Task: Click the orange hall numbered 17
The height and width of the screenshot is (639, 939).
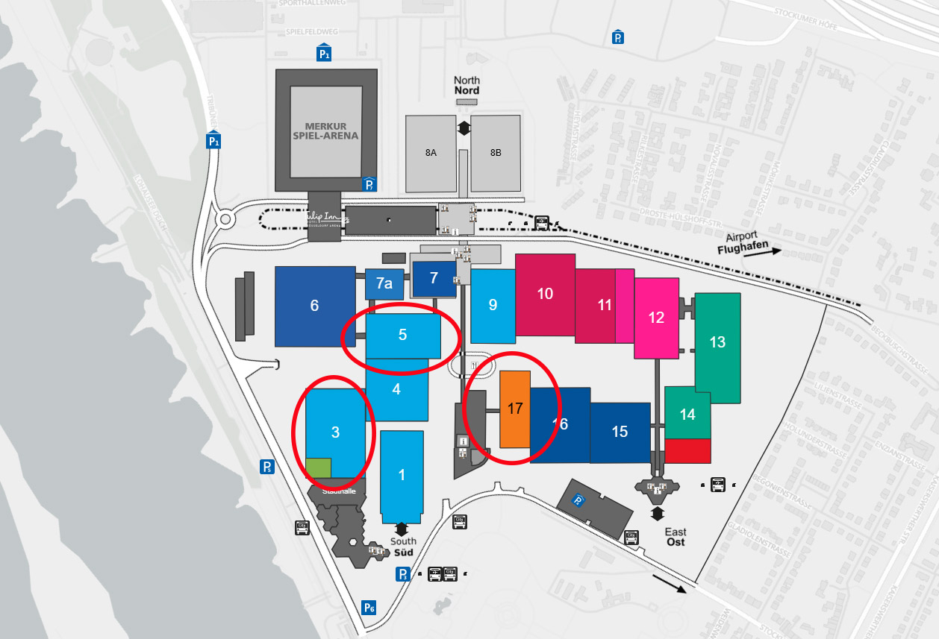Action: click(515, 409)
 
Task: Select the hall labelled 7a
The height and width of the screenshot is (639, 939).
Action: click(384, 283)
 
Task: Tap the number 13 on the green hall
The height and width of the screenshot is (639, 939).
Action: click(717, 342)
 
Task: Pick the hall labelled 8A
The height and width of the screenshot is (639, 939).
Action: click(431, 153)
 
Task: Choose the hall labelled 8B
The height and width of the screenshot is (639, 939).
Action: click(496, 153)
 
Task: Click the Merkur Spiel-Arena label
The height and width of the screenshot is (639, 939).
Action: click(331, 131)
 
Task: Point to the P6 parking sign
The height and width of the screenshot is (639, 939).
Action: click(369, 607)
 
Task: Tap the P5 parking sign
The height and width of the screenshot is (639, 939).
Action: click(266, 467)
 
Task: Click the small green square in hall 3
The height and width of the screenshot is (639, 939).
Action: click(318, 468)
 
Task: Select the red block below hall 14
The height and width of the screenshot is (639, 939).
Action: click(687, 450)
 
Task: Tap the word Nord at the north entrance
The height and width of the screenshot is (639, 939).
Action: click(467, 91)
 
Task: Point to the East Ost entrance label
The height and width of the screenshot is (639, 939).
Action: click(676, 537)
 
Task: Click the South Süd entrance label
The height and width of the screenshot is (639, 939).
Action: click(403, 547)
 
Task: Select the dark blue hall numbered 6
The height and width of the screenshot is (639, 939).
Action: click(314, 306)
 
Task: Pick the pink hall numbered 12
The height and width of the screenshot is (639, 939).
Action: click(656, 318)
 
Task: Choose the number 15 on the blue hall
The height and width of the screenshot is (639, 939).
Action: click(620, 432)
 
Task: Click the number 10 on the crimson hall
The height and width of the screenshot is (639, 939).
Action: click(545, 294)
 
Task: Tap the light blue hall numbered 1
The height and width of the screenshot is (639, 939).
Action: click(402, 475)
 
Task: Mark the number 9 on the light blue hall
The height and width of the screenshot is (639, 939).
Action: click(493, 305)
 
